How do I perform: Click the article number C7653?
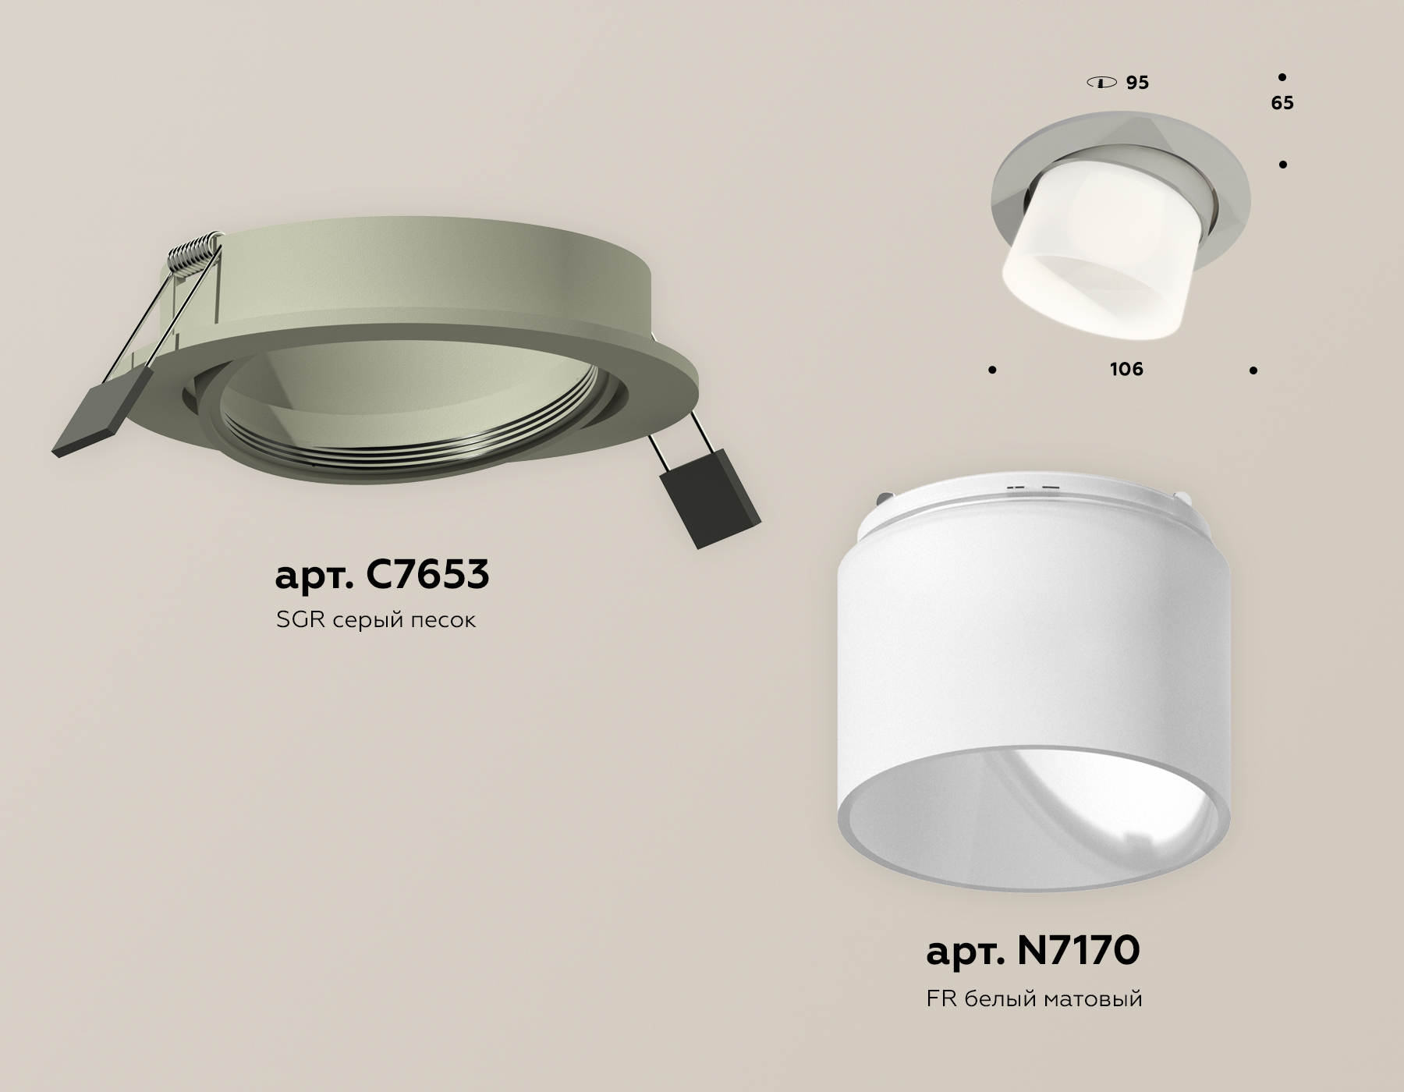(382, 575)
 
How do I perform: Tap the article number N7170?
(1033, 951)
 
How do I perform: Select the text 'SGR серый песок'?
(375, 621)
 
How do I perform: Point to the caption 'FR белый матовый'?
(1034, 998)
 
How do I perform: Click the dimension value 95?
(1137, 83)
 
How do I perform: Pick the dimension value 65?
(1282, 103)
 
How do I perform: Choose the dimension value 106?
(1126, 369)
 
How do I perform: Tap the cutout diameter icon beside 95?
(1101, 83)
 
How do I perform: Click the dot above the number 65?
(1282, 77)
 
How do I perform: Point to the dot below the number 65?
(1282, 165)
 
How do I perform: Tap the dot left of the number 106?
(992, 370)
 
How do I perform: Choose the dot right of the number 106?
(1253, 370)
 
